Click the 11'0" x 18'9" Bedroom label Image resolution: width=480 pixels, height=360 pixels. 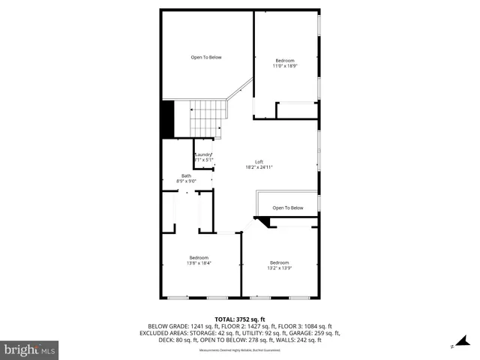click(x=284, y=63)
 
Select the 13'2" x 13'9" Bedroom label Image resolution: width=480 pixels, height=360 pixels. click(x=280, y=265)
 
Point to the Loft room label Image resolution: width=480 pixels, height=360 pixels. click(x=259, y=164)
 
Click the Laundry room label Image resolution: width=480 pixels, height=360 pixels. click(x=204, y=157)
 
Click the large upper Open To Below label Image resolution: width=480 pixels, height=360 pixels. click(x=205, y=57)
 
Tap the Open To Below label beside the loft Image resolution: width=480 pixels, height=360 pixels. click(x=287, y=208)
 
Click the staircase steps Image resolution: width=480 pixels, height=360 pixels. click(x=207, y=118)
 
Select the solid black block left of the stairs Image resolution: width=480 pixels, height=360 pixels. click(x=167, y=118)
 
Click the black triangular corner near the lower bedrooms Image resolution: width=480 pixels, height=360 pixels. click(x=262, y=222)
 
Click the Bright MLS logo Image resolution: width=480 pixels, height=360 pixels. click(x=30, y=349)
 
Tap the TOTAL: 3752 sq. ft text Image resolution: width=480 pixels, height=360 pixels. click(x=240, y=319)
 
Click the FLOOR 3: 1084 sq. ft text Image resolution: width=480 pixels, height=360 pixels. click(x=305, y=326)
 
